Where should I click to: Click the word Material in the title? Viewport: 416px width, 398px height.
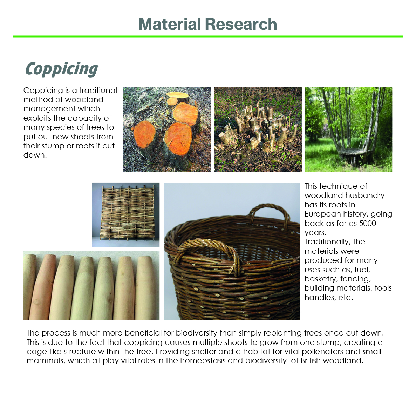tap(170, 24)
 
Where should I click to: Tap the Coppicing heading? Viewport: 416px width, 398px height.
tap(62, 69)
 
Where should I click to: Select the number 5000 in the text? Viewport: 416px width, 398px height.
tap(367, 223)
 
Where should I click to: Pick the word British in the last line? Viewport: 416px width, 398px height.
tap(311, 360)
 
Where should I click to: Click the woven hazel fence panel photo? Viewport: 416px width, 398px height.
tap(126, 214)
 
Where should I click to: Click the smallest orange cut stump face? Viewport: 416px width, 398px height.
tap(172, 101)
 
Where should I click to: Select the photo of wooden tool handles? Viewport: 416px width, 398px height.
tap(91, 285)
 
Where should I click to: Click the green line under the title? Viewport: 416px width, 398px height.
tap(208, 37)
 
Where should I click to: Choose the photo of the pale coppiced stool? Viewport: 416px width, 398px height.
tap(258, 130)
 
